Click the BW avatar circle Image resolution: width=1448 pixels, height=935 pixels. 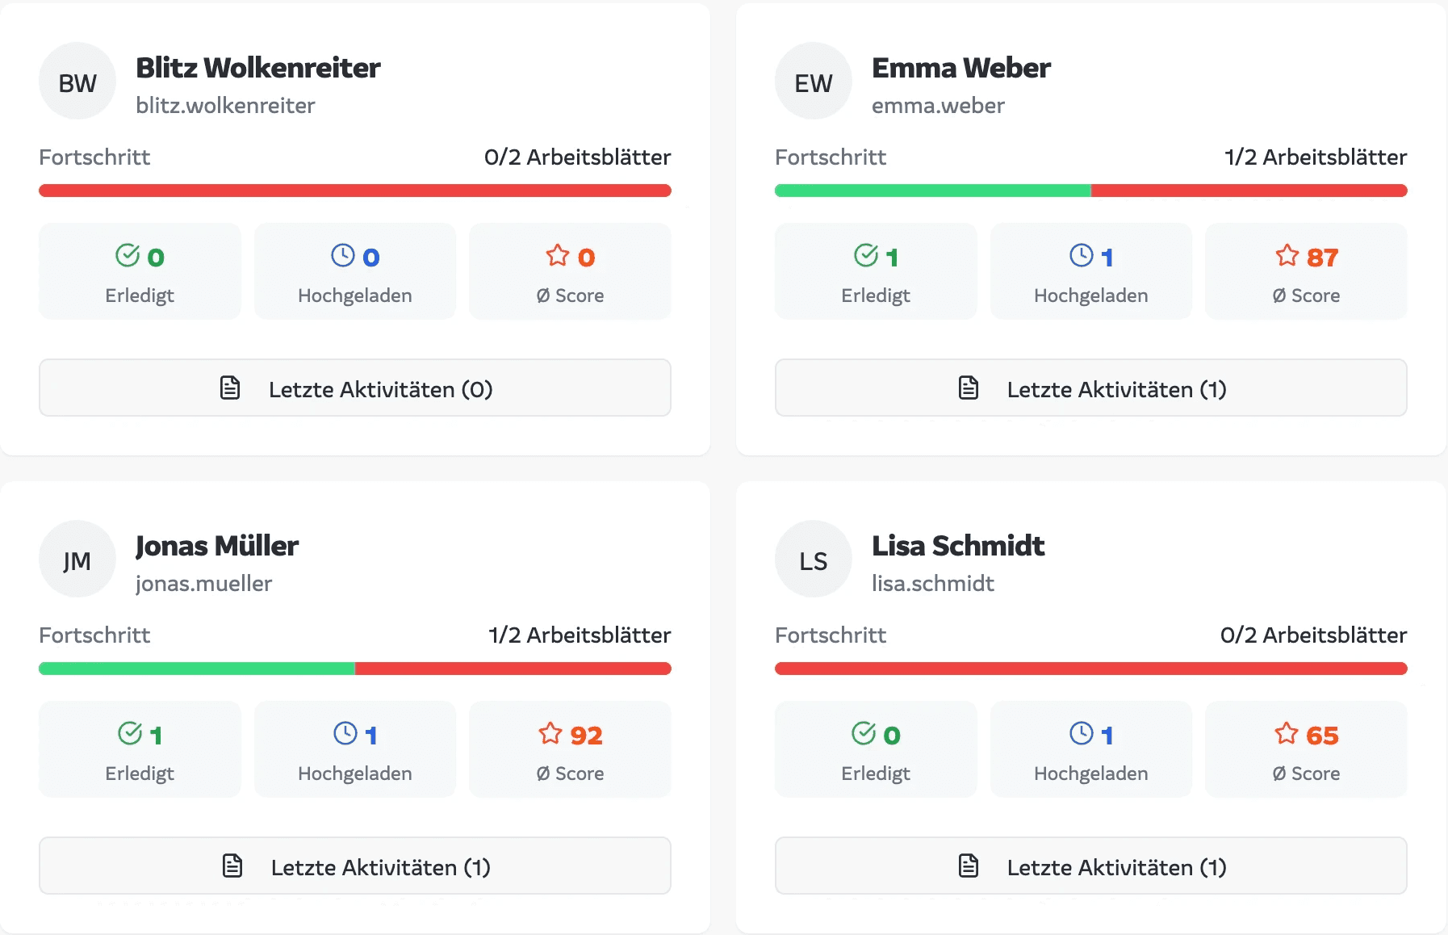pos(77,82)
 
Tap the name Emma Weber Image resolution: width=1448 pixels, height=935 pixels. pos(960,68)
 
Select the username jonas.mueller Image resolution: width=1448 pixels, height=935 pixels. pos(203,583)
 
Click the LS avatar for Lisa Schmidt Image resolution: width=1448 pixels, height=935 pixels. pos(813,560)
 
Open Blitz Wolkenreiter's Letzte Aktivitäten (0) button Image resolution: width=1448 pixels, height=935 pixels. pos(355,388)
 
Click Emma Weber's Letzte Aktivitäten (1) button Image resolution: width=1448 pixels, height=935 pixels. pos(1090,388)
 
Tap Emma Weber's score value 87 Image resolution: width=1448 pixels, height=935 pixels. pos(1322,257)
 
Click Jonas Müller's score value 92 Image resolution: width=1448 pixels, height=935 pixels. pos(586,735)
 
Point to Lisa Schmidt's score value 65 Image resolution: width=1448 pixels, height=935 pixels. pos(1322,735)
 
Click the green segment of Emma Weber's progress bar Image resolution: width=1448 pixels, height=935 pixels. pos(932,191)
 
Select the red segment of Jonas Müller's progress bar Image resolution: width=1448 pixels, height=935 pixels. pos(513,669)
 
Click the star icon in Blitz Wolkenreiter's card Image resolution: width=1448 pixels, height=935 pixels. pos(558,256)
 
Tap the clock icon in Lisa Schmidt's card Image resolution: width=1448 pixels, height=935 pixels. pos(1082,733)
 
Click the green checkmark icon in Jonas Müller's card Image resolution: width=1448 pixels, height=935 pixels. pos(130,733)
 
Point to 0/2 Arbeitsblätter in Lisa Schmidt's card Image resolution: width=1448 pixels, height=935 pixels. pos(1313,635)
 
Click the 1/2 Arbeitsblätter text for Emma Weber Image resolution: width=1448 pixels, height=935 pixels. pos(1315,157)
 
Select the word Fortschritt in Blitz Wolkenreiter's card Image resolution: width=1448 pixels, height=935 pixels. pos(94,157)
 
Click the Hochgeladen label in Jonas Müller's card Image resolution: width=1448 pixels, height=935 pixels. pos(354,773)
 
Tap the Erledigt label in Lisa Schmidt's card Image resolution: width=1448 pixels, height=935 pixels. pos(875,773)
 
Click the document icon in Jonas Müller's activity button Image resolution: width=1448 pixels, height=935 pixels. pos(232,866)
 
